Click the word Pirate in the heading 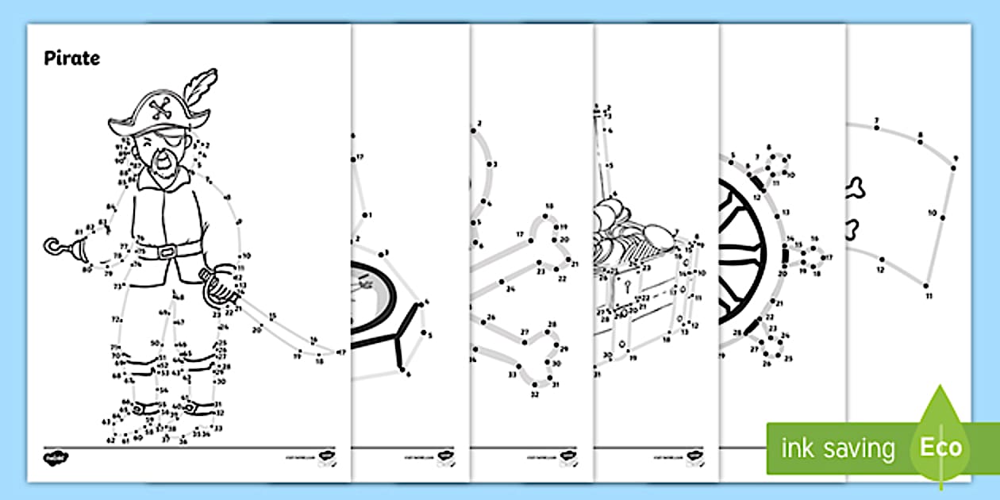click(71, 58)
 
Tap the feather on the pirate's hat click(201, 88)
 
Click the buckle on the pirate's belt click(165, 252)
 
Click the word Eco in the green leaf click(940, 446)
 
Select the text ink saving click(837, 448)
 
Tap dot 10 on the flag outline click(944, 212)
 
